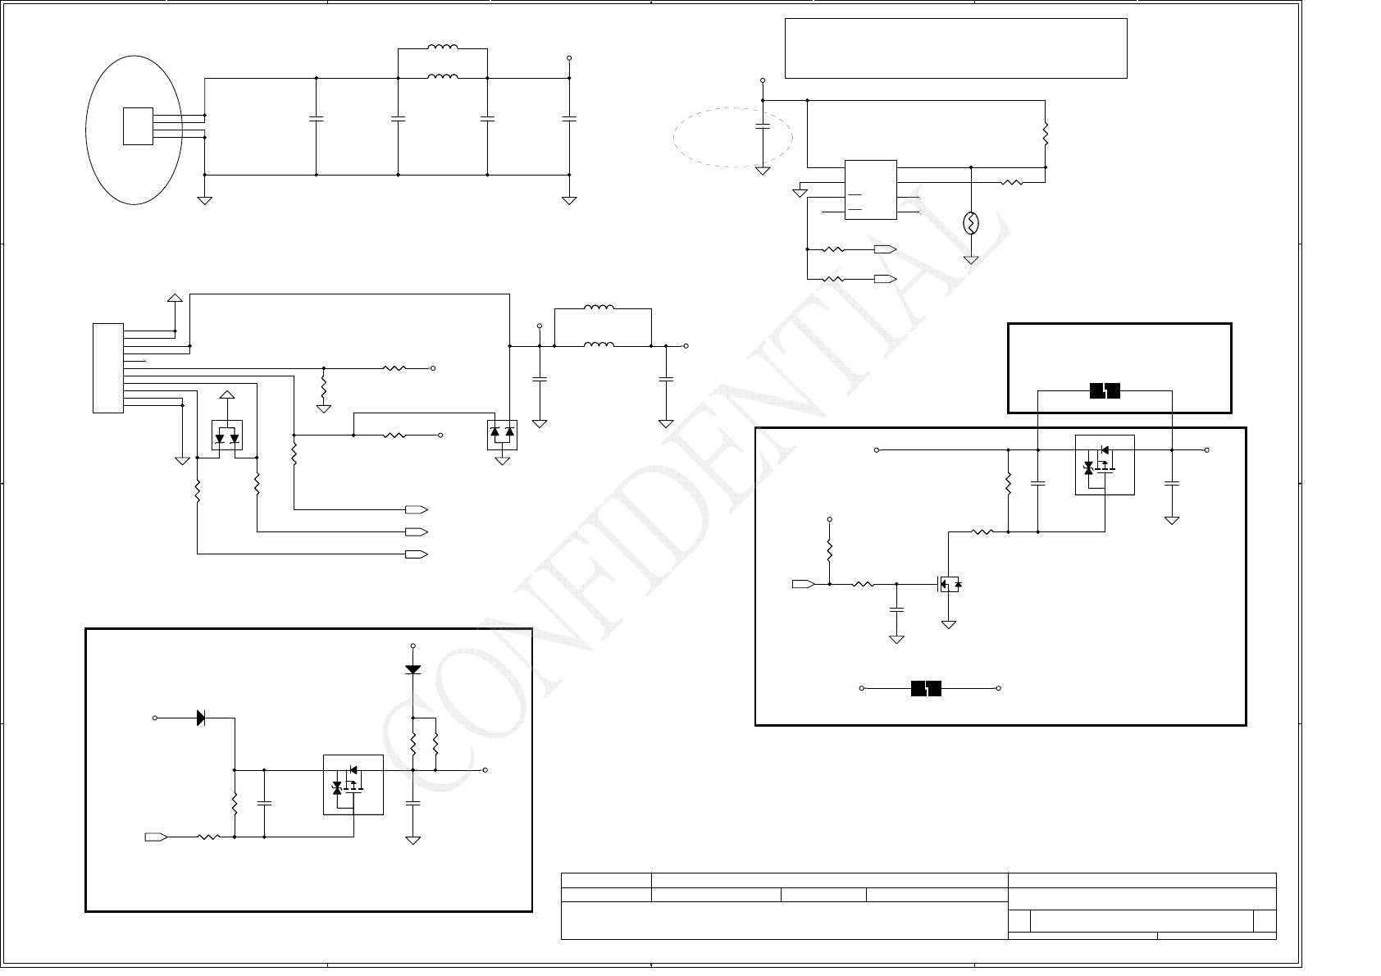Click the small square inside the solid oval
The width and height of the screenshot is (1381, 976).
(x=138, y=126)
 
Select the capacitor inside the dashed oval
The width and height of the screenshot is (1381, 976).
(x=763, y=126)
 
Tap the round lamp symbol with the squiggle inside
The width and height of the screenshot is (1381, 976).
(x=971, y=223)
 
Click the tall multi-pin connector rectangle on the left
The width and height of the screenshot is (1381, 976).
(x=108, y=368)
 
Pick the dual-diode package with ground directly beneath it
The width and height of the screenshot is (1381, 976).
(x=502, y=436)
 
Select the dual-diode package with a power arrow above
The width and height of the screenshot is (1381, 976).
(x=227, y=435)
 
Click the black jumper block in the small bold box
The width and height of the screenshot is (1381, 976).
(x=1105, y=392)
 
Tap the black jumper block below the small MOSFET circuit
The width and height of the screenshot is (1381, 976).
(x=926, y=688)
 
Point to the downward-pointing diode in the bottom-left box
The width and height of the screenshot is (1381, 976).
(x=412, y=669)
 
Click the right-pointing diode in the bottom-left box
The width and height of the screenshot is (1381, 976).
(x=202, y=718)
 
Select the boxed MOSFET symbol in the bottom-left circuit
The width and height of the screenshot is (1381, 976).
(x=353, y=784)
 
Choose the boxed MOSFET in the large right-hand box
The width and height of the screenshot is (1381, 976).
(x=1105, y=465)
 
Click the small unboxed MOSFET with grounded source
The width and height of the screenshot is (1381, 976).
(x=950, y=584)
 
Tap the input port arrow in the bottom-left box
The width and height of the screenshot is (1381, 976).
(x=156, y=837)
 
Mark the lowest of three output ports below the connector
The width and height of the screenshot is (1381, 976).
(x=417, y=554)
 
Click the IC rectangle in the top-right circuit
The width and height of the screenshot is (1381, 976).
(x=870, y=189)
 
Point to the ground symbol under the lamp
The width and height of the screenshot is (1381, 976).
(x=971, y=260)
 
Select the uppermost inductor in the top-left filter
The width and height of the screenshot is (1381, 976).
(x=443, y=48)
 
